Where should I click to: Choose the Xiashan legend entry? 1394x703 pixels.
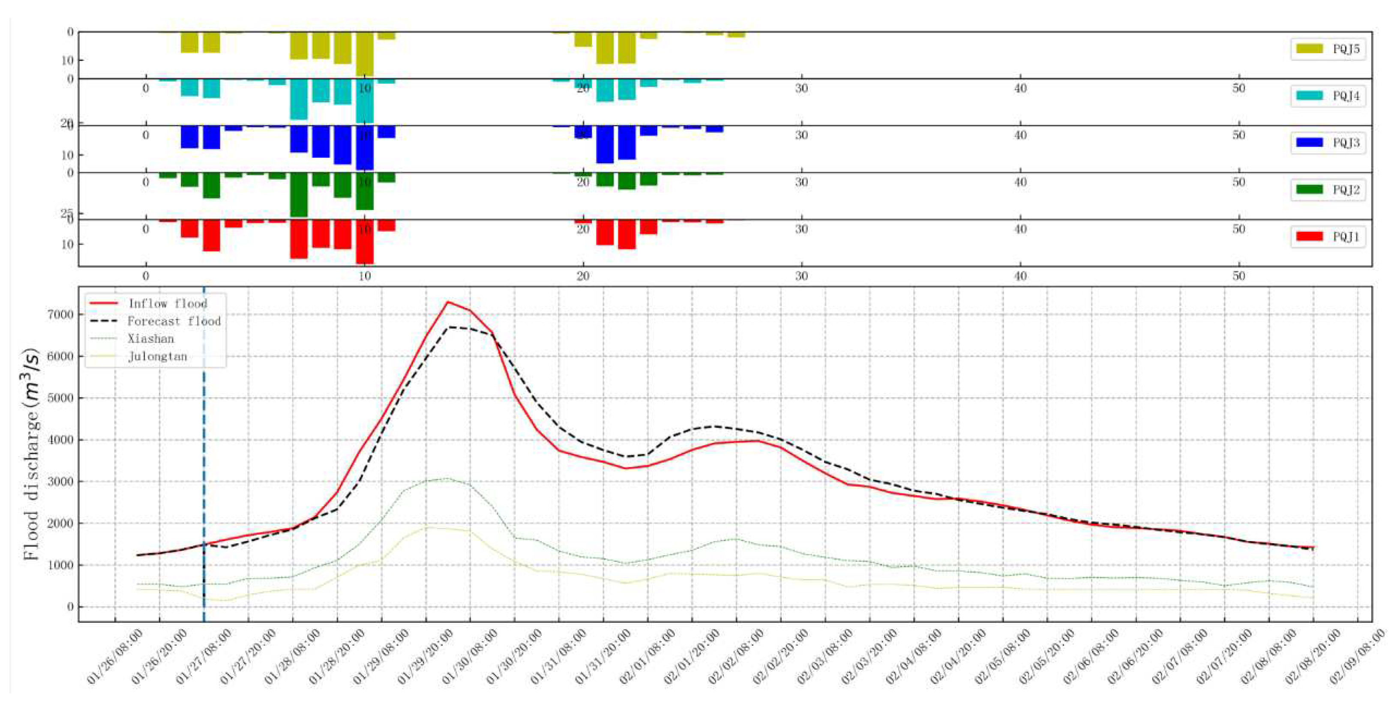pyautogui.click(x=150, y=339)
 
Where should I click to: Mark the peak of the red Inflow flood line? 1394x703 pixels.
pyautogui.click(x=447, y=302)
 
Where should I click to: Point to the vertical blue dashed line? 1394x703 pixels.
pyautogui.click(x=204, y=487)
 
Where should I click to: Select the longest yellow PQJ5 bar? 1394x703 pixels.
pyautogui.click(x=364, y=54)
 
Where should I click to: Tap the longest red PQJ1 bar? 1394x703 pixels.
pyautogui.click(x=364, y=242)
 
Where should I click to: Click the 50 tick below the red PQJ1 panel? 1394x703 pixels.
pyautogui.click(x=1239, y=276)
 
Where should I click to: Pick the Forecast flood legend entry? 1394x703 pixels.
pyautogui.click(x=173, y=321)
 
